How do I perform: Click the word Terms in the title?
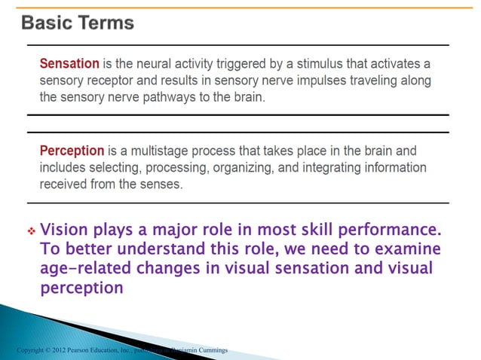coord(109,23)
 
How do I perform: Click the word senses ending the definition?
coord(160,184)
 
